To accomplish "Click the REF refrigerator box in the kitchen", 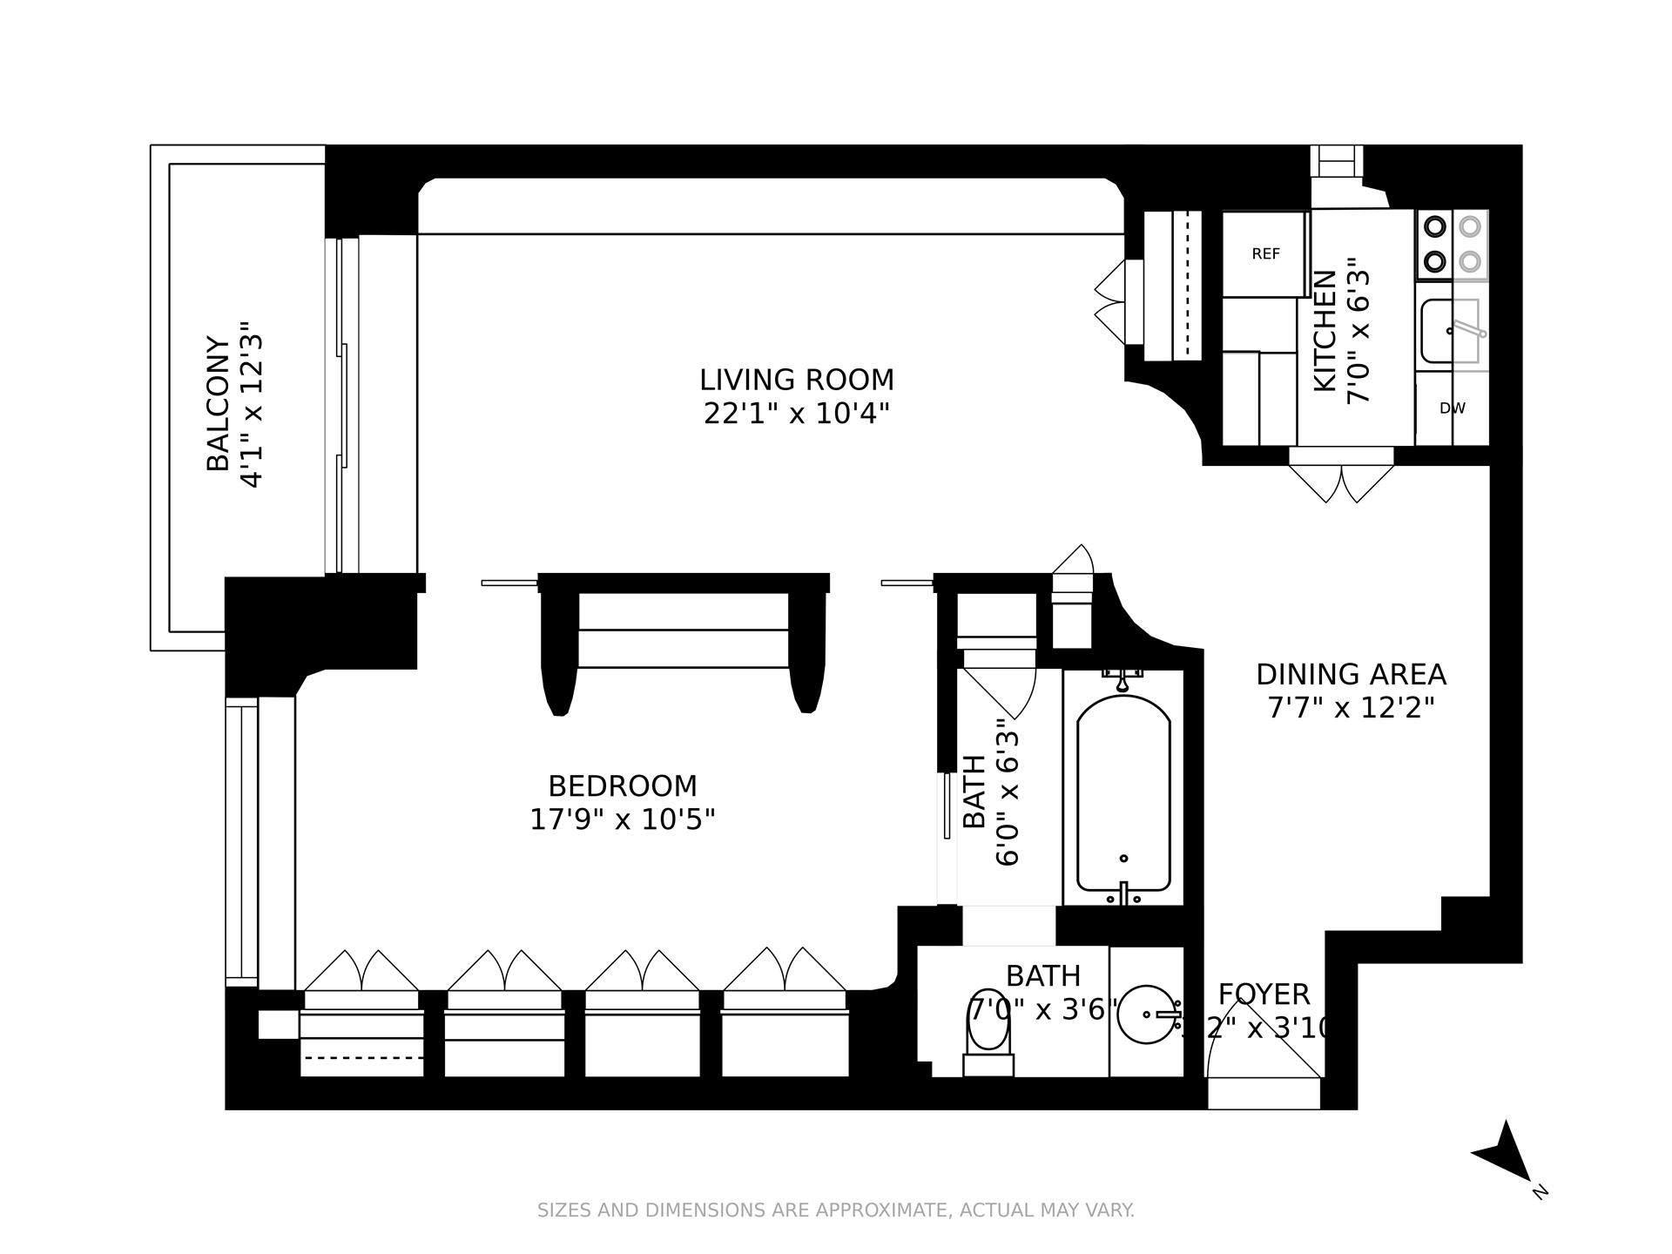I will coord(1265,253).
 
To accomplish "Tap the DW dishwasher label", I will coord(1452,408).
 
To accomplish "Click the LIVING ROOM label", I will coord(796,380).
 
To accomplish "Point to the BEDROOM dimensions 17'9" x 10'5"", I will coord(622,819).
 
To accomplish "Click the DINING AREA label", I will coord(1350,674).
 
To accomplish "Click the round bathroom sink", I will coord(1146,1015).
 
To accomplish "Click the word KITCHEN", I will coord(1324,331).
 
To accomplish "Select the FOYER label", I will coord(1263,994).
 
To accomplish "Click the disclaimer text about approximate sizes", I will coord(835,1210).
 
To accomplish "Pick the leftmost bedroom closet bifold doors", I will coord(361,971).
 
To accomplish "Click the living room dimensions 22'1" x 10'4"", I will coord(796,413).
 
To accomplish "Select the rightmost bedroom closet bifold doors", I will coord(784,971).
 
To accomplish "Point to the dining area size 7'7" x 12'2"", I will coord(1350,707).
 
